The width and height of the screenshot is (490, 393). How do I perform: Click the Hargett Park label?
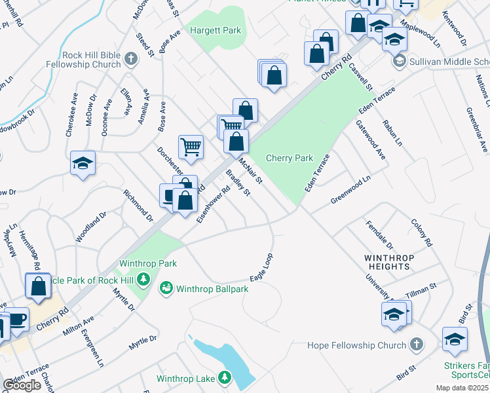pos(216,30)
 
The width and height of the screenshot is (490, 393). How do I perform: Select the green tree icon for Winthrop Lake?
pos(224,378)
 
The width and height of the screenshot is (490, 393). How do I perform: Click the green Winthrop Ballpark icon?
pos(166,288)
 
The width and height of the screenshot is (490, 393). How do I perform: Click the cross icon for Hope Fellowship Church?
pos(415,345)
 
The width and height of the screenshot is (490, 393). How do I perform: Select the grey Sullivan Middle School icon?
pos(398,62)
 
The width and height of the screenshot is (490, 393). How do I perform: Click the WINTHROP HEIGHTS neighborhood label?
pos(389,263)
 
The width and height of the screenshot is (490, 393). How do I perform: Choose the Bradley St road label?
pos(238,183)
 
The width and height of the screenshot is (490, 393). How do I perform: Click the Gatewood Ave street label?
pos(370,140)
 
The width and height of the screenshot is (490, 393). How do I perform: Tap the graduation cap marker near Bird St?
pos(455,339)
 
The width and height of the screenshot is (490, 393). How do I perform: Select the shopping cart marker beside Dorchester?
pos(191,147)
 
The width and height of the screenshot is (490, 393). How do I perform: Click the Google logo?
pos(22,385)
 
